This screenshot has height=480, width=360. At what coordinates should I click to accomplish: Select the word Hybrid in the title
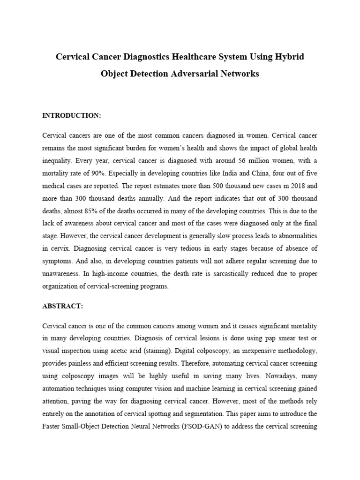coord(290,57)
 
